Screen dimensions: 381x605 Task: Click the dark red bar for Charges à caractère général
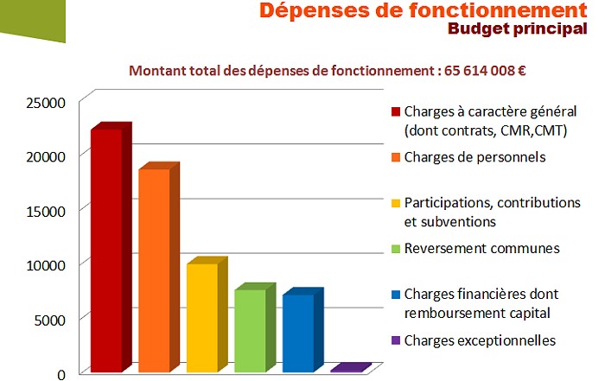[x=105, y=251]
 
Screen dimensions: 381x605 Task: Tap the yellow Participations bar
[x=201, y=317]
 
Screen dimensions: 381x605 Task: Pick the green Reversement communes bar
[x=250, y=330]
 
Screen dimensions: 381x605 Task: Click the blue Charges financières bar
[x=297, y=333]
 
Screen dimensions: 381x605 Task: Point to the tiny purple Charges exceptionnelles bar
[x=347, y=369]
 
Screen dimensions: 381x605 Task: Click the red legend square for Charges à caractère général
[x=396, y=112]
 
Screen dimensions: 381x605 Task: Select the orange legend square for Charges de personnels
[x=396, y=157]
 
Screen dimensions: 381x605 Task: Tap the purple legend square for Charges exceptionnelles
[x=396, y=340]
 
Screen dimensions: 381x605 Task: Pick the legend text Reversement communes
[x=481, y=249]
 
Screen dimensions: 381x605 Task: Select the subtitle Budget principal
[x=513, y=29]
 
